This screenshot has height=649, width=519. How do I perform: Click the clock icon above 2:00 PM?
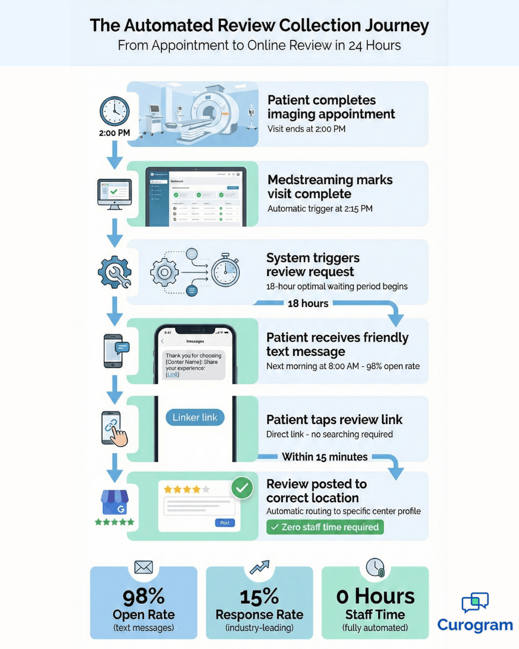(x=114, y=111)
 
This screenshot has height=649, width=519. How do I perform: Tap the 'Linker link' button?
(x=195, y=417)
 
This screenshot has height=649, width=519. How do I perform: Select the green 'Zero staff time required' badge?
(x=325, y=527)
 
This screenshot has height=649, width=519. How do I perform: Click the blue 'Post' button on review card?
(x=224, y=523)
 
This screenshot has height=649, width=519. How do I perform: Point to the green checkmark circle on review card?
(x=242, y=488)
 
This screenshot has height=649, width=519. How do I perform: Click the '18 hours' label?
(x=308, y=303)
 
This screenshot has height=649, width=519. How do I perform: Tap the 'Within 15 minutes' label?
(x=325, y=457)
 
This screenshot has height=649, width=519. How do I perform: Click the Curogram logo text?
(x=475, y=624)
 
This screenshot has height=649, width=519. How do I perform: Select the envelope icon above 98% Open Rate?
(x=144, y=567)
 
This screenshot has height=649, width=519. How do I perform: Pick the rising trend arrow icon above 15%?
(x=259, y=567)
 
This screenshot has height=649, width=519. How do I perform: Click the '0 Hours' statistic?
(x=375, y=597)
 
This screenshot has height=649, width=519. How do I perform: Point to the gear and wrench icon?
(x=114, y=272)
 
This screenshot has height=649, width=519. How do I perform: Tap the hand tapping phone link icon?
(x=114, y=429)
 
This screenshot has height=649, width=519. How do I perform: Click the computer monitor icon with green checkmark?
(x=114, y=194)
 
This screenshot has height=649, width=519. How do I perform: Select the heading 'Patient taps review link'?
(x=334, y=420)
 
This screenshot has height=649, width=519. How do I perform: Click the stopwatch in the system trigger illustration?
(x=225, y=271)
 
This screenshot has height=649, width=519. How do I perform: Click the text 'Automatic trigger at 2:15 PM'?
(x=320, y=209)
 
